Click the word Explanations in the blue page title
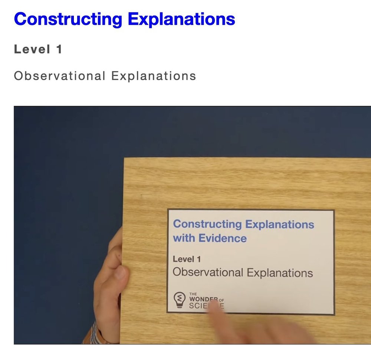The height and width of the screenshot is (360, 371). [181, 19]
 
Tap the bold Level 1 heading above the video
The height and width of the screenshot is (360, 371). [38, 49]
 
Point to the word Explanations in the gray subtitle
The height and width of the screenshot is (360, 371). [154, 76]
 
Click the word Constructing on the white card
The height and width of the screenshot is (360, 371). [207, 224]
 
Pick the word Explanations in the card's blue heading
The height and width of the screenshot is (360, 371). [280, 224]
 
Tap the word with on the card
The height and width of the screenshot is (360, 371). [184, 238]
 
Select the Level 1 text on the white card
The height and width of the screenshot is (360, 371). [187, 259]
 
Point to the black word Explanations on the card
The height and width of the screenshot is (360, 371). [280, 273]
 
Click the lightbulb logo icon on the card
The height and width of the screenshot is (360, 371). [180, 300]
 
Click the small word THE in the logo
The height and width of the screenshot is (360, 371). [193, 294]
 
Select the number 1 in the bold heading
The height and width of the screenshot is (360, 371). [59, 49]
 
